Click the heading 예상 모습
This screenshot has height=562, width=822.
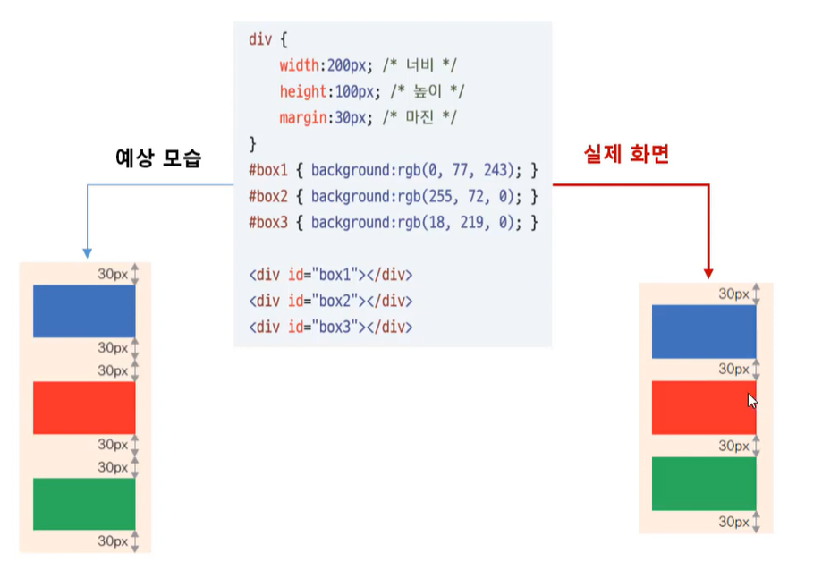(x=159, y=159)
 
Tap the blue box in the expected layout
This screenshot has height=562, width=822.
(x=83, y=311)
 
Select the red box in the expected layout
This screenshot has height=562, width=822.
(x=83, y=408)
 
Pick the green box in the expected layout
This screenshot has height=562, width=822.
(x=83, y=504)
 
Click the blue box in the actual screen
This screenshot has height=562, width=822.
(x=703, y=331)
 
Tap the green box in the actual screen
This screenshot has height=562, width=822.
(x=703, y=484)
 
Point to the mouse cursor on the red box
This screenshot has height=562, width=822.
(x=752, y=400)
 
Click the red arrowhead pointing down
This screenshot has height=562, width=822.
(x=708, y=273)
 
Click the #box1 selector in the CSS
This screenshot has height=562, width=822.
(x=268, y=170)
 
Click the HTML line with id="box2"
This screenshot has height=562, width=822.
(x=330, y=301)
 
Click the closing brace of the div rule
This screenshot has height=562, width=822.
(x=252, y=144)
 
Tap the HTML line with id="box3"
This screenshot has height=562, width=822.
(x=330, y=327)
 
